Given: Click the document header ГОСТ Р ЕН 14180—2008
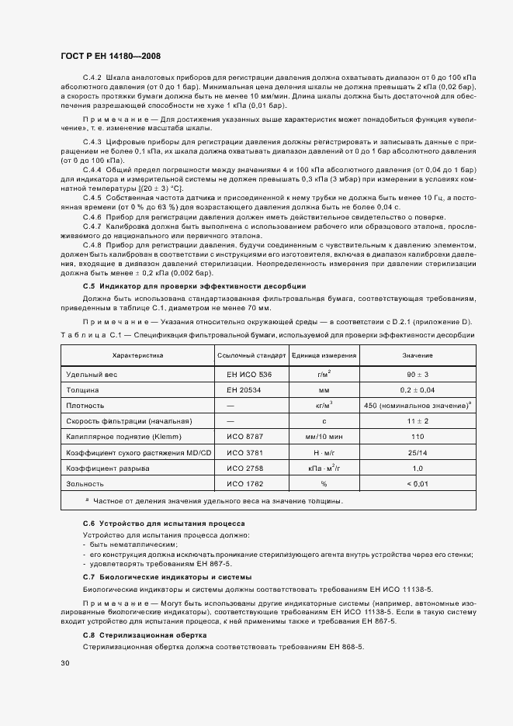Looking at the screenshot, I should coord(110,56).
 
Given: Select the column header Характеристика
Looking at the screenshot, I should coord(137,356).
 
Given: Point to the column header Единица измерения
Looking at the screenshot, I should coord(324,356).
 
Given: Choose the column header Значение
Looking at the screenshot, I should coord(417,356).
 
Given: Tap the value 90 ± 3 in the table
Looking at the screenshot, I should coord(417,374).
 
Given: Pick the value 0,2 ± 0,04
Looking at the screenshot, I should coord(417,389).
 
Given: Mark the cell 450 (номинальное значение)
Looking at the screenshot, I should coord(418,405).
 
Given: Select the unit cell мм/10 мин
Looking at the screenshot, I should coord(324,437).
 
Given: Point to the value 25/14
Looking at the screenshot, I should coord(417,452).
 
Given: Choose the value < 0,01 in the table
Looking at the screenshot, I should coord(417,484).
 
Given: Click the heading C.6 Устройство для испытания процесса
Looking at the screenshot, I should coord(164,524).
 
